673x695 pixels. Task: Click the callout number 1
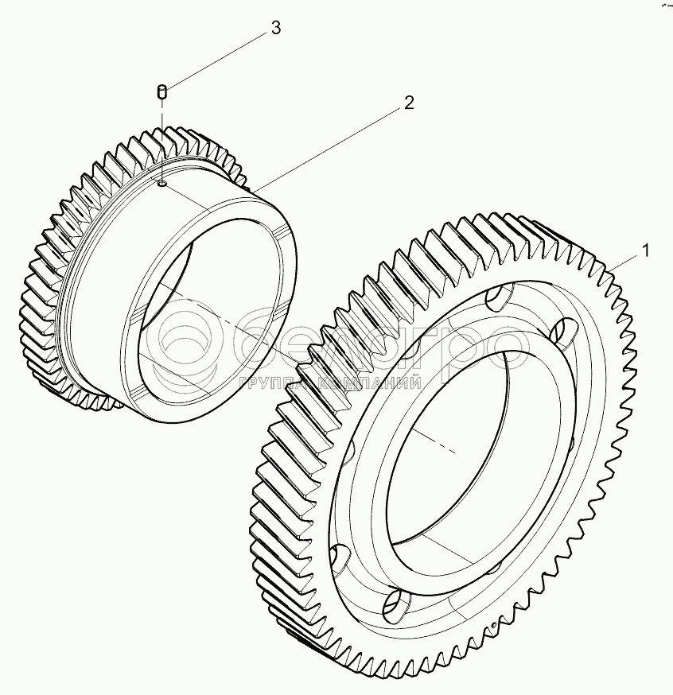(646, 250)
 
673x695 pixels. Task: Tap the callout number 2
(408, 103)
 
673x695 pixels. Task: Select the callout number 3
(275, 28)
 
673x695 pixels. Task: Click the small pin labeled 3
(161, 92)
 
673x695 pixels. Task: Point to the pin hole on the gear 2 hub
(161, 184)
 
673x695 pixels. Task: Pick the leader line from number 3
(215, 60)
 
